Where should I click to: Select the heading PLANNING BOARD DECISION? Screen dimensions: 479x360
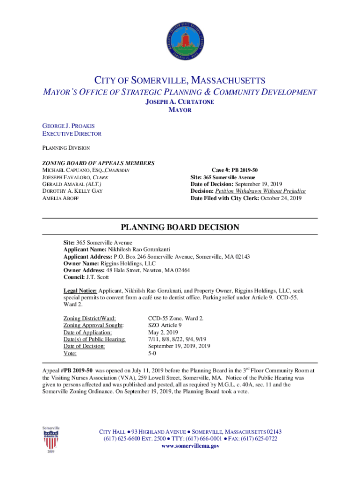(180, 228)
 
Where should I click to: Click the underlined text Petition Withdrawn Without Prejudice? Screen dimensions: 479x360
(260, 191)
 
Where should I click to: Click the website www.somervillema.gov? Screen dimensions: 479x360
(190, 446)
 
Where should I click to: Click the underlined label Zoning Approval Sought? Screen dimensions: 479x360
(94, 325)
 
